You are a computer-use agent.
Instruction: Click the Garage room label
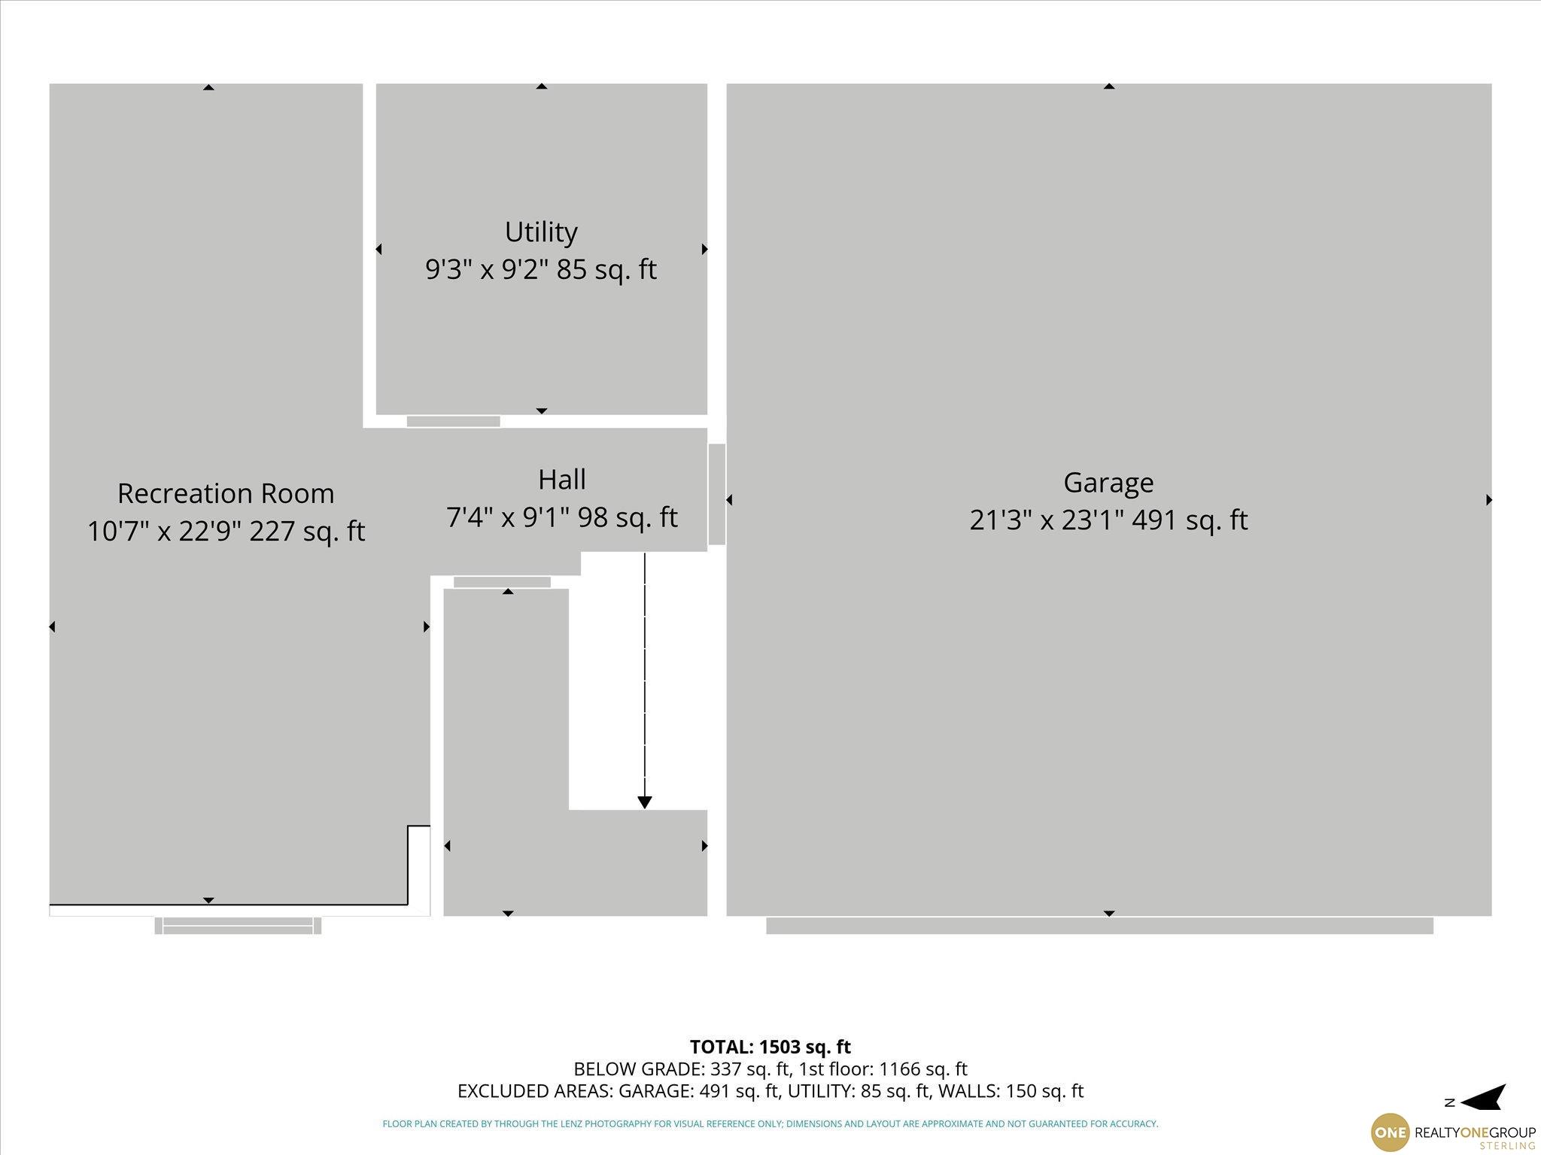pyautogui.click(x=1108, y=483)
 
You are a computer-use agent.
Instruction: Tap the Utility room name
pyautogui.click(x=541, y=232)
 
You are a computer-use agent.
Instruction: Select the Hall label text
pyautogui.click(x=562, y=479)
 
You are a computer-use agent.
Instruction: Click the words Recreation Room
pyautogui.click(x=226, y=493)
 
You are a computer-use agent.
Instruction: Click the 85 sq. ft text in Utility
pyautogui.click(x=606, y=269)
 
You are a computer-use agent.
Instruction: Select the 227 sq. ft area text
pyautogui.click(x=307, y=531)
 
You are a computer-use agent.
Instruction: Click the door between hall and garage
pyautogui.click(x=717, y=494)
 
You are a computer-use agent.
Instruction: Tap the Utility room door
pyautogui.click(x=454, y=421)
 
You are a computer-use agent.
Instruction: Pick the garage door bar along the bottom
pyautogui.click(x=1099, y=926)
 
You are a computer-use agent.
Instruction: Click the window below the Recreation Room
pyautogui.click(x=238, y=926)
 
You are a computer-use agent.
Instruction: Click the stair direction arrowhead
pyautogui.click(x=644, y=802)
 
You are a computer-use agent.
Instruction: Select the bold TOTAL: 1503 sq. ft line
pyautogui.click(x=770, y=1047)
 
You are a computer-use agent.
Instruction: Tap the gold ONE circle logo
pyautogui.click(x=1391, y=1132)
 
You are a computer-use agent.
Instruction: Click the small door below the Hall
pyautogui.click(x=503, y=582)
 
